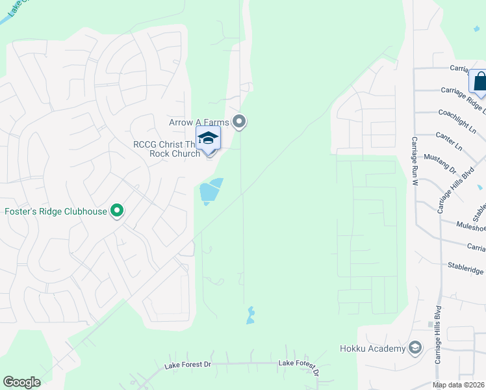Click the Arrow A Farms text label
(199, 122)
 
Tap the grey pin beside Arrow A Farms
(240, 122)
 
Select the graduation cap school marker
(209, 138)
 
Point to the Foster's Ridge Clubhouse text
(55, 211)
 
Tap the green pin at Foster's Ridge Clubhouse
(117, 211)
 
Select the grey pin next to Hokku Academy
(415, 348)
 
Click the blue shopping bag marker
(480, 82)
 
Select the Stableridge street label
(466, 266)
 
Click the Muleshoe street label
(471, 227)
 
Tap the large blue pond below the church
(210, 191)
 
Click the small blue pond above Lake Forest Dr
(250, 316)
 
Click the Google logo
(21, 382)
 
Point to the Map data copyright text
(459, 385)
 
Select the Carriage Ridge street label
(463, 92)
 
